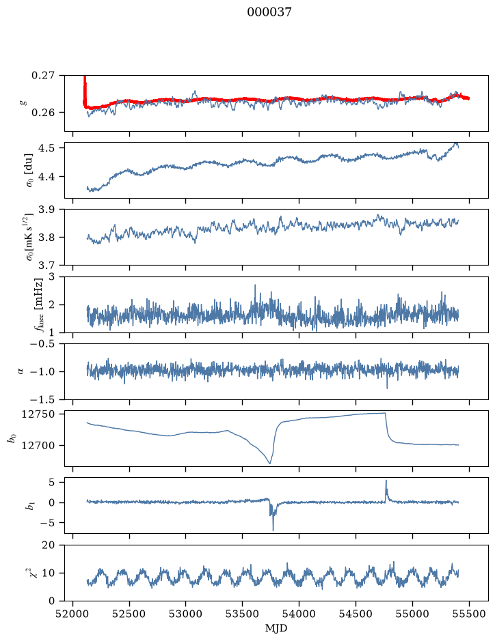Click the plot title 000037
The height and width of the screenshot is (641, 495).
click(269, 12)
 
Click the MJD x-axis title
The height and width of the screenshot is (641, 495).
click(276, 628)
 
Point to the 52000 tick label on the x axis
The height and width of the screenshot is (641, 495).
click(73, 614)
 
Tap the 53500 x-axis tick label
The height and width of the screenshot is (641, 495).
click(243, 614)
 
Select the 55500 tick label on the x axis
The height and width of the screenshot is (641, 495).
click(469, 614)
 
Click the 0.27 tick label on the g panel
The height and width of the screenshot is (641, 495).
click(43, 76)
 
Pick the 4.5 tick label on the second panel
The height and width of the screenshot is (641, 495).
click(46, 147)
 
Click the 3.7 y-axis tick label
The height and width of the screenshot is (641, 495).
click(46, 266)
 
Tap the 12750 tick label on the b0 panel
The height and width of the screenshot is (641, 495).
click(38, 414)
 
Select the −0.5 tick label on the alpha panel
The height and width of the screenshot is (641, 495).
click(42, 344)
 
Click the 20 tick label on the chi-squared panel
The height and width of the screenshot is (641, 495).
click(49, 545)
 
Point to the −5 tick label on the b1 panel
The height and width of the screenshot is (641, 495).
click(46, 523)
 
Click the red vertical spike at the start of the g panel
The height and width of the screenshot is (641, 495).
click(85, 90)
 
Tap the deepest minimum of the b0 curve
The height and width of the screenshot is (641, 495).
click(269, 463)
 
